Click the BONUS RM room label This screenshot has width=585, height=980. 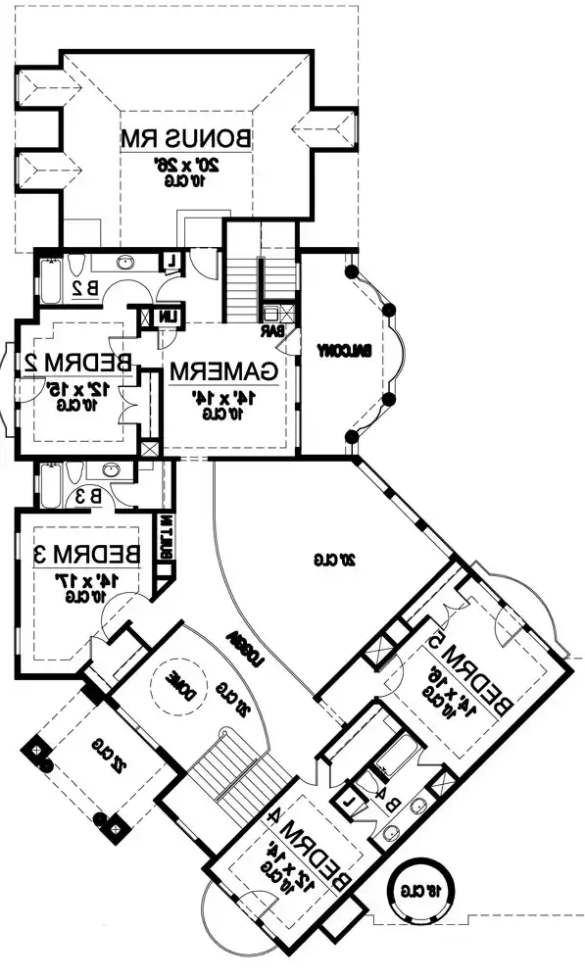tap(185, 138)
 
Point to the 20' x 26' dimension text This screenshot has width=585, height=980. tap(185, 165)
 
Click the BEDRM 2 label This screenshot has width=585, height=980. tap(74, 361)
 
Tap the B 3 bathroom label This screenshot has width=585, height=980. tap(87, 496)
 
